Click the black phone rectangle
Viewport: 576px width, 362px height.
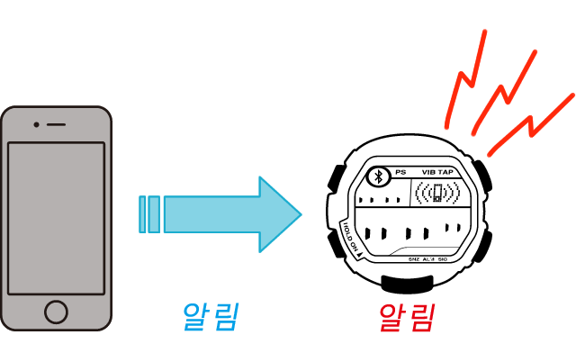coord(57,218)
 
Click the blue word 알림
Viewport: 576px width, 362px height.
coord(210,317)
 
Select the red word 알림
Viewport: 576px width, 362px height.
coord(407,317)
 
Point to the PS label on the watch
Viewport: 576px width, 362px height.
coord(400,172)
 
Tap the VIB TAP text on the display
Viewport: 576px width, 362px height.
coord(437,172)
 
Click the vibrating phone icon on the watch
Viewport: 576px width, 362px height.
coord(436,193)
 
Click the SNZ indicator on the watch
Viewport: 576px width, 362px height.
coord(413,259)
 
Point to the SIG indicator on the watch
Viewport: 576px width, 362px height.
coord(443,259)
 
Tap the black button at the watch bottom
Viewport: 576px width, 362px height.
coord(410,284)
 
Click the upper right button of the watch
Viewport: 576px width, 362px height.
coord(485,175)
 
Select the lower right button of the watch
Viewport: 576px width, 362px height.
coord(485,246)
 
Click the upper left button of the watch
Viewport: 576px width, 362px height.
coord(334,177)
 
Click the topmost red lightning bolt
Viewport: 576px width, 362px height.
coord(468,77)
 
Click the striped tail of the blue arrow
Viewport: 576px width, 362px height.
coord(149,214)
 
